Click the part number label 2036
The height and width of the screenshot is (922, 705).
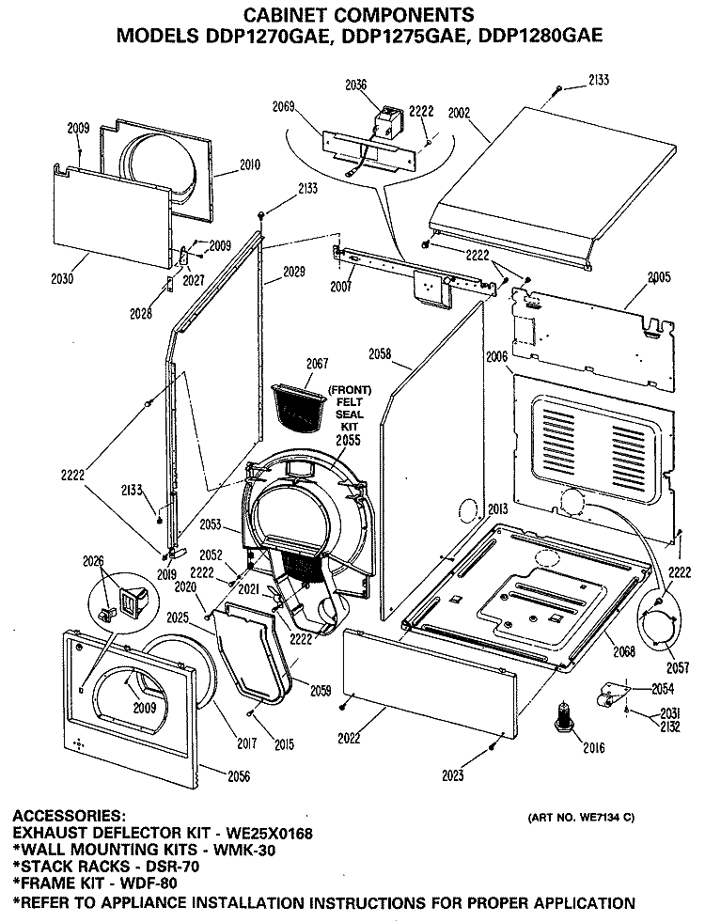point(355,86)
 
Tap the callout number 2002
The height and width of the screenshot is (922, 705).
point(460,112)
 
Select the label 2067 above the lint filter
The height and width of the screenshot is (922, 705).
point(317,364)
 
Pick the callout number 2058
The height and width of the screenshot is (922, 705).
point(380,354)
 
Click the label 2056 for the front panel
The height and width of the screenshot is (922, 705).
point(238,776)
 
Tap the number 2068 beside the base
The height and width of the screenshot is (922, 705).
point(624,651)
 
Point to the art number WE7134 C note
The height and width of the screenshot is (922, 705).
point(580,818)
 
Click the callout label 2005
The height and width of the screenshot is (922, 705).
point(659,277)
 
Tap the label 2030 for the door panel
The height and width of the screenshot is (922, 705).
point(62,278)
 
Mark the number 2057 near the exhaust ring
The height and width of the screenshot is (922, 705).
point(678,667)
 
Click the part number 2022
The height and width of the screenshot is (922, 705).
point(349,739)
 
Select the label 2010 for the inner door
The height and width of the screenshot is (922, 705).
point(249,164)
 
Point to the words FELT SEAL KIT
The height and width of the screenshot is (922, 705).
point(350,414)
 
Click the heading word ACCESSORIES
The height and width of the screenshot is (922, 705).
point(69,816)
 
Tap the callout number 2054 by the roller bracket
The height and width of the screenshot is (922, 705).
point(663,689)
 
